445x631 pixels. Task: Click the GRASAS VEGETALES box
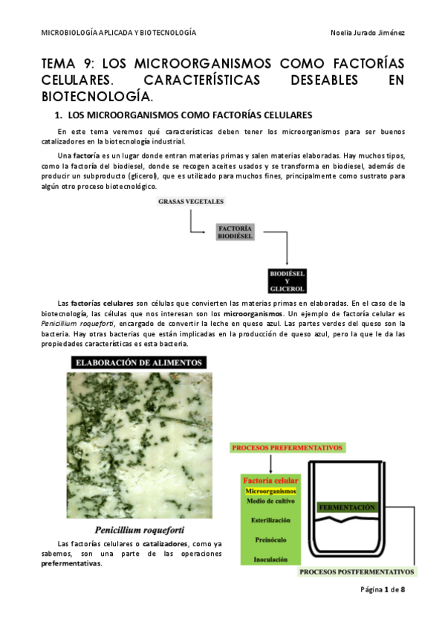(x=191, y=202)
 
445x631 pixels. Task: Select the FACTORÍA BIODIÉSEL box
(x=236, y=231)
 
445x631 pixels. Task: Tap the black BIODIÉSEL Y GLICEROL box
(x=288, y=280)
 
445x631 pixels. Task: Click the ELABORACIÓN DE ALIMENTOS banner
(x=137, y=363)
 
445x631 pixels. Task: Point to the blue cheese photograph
(x=137, y=446)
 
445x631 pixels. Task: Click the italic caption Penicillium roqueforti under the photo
(x=137, y=531)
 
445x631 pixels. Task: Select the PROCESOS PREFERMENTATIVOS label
(x=288, y=448)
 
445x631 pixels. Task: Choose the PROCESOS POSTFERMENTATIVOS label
(x=357, y=572)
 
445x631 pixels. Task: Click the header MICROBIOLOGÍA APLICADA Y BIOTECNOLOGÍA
(x=118, y=33)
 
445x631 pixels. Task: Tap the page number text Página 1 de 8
(x=382, y=589)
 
